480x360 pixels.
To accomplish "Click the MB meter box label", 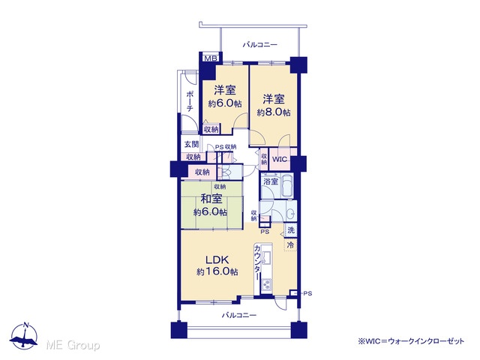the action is (211, 58).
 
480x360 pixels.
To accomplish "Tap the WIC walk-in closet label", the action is (280, 159).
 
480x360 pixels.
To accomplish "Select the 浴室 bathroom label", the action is (271, 181).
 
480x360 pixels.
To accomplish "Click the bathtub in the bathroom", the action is (287, 185).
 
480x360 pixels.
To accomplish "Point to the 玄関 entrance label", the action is (192, 144).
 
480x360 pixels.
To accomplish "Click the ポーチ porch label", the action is (190, 100).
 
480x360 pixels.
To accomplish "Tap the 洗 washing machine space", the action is (291, 229).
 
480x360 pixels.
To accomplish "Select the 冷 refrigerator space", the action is (290, 244).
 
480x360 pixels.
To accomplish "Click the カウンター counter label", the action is (257, 262).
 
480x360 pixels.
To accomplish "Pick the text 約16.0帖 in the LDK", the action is (217, 271).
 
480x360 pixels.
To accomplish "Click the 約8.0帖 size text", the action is (274, 112).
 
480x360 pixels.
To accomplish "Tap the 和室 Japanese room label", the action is (211, 199).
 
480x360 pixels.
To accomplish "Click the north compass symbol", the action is (23, 336).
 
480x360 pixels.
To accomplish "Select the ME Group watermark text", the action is (73, 345).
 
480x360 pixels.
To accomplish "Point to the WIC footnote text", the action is (411, 340).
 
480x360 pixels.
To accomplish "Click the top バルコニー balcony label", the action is (260, 45).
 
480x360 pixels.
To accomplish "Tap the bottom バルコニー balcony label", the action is (239, 315).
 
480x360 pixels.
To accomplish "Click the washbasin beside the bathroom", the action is (291, 212).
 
